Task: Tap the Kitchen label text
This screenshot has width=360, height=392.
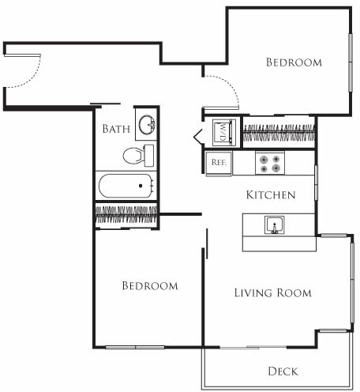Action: click(x=271, y=194)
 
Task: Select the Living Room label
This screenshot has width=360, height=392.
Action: click(x=272, y=292)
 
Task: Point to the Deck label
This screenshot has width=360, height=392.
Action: click(x=282, y=371)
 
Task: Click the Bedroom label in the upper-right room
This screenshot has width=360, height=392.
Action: click(x=293, y=62)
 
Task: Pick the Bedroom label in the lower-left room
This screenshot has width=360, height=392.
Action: click(x=149, y=285)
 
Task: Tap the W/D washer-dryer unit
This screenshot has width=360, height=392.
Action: click(x=223, y=130)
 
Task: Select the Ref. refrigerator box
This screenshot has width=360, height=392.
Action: click(x=219, y=164)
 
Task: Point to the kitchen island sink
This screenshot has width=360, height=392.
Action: click(x=274, y=225)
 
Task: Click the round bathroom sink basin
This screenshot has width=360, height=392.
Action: click(x=146, y=124)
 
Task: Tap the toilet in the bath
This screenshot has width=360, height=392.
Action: click(x=141, y=154)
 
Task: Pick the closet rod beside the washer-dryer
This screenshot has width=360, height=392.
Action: click(x=279, y=131)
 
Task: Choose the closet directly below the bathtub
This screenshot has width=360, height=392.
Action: click(x=126, y=213)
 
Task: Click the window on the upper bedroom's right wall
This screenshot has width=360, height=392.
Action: click(x=350, y=62)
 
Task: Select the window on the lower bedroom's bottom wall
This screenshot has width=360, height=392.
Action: click(x=135, y=347)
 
